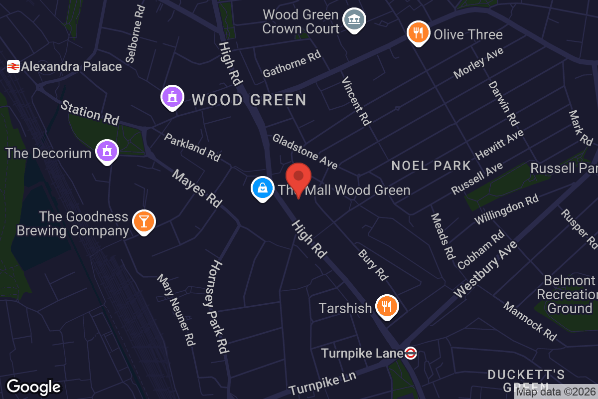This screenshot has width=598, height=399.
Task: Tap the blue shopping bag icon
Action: pyautogui.click(x=262, y=188)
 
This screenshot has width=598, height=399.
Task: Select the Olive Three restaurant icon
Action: pyautogui.click(x=419, y=33)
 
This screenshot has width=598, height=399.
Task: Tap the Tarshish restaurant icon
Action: pyautogui.click(x=386, y=306)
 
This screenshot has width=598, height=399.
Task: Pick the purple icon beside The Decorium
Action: pyautogui.click(x=107, y=151)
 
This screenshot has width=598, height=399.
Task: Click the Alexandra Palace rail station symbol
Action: pyautogui.click(x=13, y=66)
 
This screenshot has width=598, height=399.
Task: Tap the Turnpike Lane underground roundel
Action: pyautogui.click(x=410, y=353)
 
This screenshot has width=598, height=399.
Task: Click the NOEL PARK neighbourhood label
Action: pyautogui.click(x=431, y=166)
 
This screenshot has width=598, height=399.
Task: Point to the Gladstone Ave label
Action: pyautogui.click(x=305, y=151)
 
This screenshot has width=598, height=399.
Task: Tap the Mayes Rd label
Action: pyautogui.click(x=197, y=189)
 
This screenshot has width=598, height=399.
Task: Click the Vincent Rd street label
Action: pyautogui.click(x=357, y=101)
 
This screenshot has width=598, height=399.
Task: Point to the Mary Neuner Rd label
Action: pyautogui.click(x=175, y=309)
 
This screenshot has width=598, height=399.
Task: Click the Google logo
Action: pyautogui.click(x=33, y=387)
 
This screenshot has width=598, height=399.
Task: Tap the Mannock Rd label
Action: pyautogui.click(x=530, y=322)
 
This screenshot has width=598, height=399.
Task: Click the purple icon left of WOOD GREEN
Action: pyautogui.click(x=172, y=97)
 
